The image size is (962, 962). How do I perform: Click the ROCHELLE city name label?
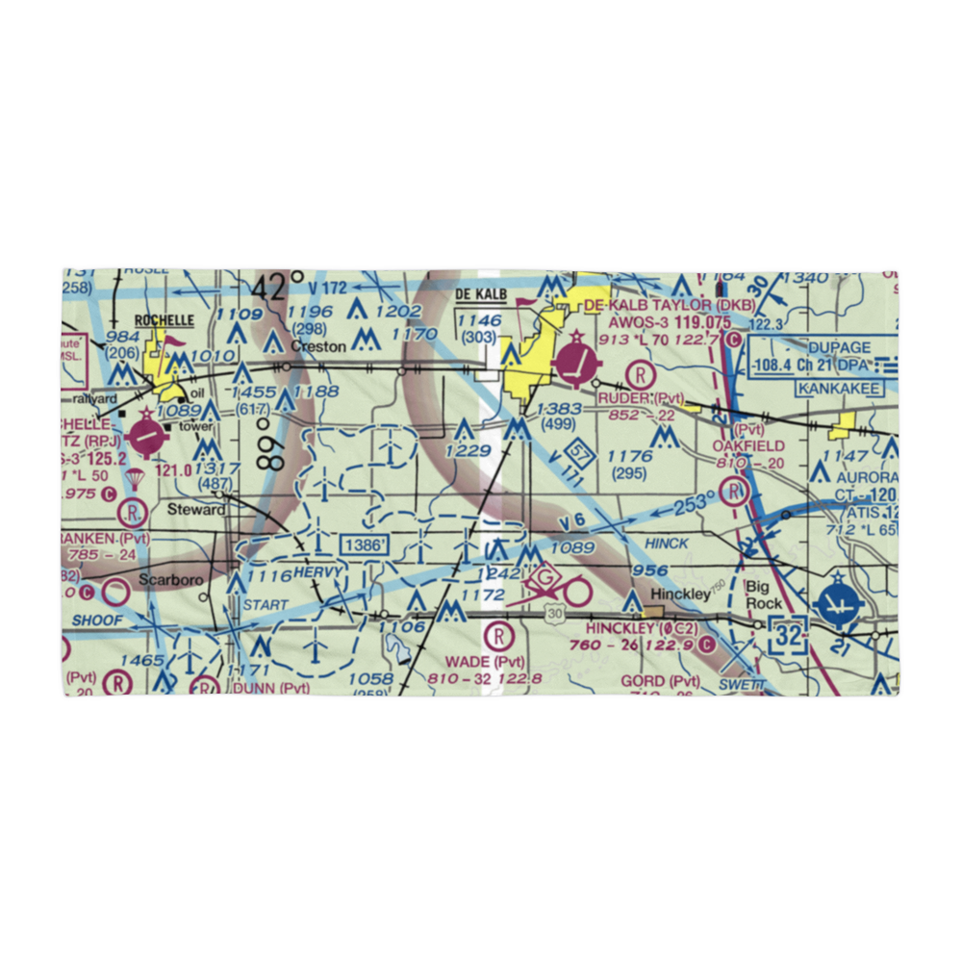pyautogui.click(x=165, y=320)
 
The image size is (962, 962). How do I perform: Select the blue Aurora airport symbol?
pyautogui.click(x=840, y=606)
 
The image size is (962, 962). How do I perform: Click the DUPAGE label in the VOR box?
pyautogui.click(x=839, y=347)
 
